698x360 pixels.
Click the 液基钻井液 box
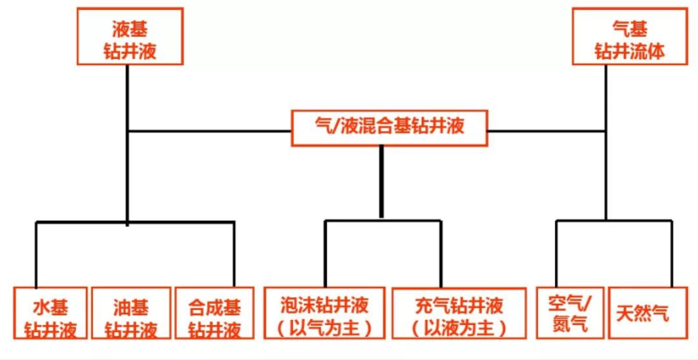click(x=130, y=37)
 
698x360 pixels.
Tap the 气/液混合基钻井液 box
click(x=390, y=128)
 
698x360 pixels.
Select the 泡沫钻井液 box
click(x=324, y=313)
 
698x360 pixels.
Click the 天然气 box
click(x=643, y=314)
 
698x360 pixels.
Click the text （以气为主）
click(x=324, y=327)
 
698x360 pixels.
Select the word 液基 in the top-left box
click(x=130, y=27)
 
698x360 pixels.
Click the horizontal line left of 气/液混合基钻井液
click(x=210, y=131)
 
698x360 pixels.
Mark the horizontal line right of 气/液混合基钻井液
click(x=547, y=131)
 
